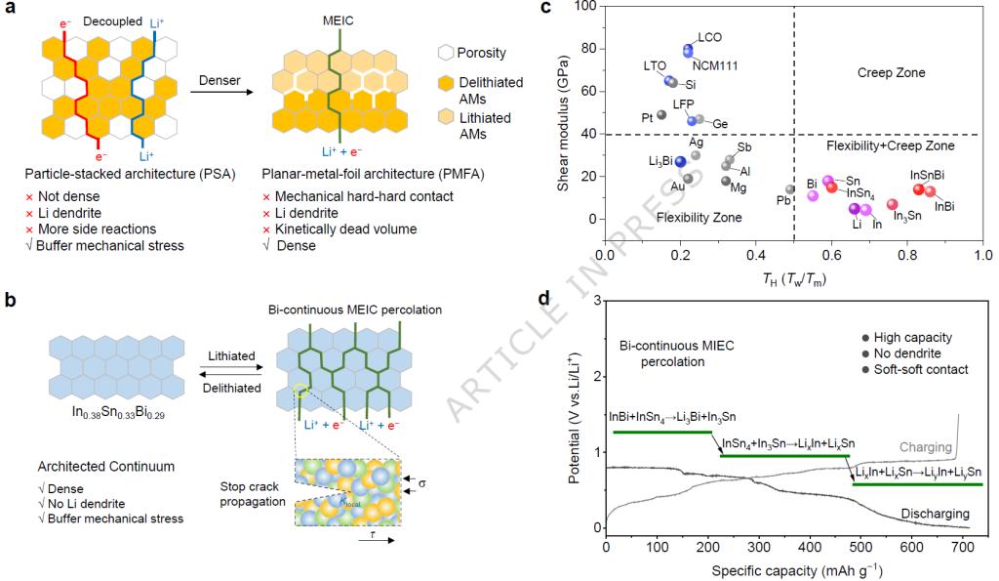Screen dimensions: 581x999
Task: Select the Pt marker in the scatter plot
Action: (661, 115)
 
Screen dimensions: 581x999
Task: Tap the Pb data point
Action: (790, 189)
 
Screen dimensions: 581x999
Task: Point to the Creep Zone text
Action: (890, 73)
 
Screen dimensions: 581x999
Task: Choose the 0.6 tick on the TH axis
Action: (831, 256)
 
